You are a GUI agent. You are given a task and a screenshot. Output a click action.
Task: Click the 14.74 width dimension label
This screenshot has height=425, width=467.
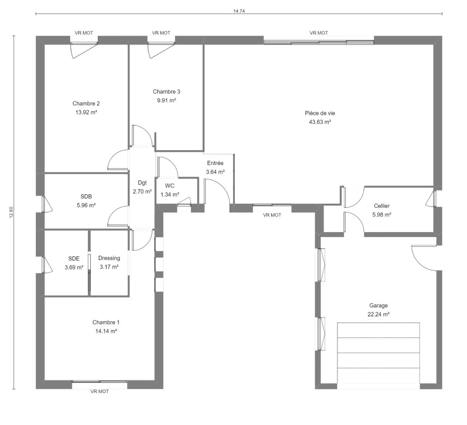coord(239,11)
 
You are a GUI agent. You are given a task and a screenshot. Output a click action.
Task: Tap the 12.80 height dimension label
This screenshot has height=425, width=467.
coord(11,212)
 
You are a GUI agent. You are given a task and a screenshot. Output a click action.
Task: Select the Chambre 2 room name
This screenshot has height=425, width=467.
coord(86,104)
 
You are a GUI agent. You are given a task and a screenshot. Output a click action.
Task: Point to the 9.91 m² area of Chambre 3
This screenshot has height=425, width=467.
coord(166,101)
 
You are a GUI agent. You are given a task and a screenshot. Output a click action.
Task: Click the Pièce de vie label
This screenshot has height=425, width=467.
coord(320,113)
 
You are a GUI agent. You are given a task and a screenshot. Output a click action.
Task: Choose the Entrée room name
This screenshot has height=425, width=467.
coord(215,163)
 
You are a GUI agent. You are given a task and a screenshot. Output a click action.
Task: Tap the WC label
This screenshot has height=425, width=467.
coord(170,186)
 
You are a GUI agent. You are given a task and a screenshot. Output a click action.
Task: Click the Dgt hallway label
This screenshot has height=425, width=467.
coord(142,183)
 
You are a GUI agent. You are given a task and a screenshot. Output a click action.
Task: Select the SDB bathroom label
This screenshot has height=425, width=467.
coord(86,197)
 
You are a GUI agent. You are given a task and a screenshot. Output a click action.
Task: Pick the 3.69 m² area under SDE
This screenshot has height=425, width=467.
coord(74,267)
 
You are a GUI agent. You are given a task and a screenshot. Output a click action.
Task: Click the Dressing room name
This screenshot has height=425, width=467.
coord(109,258)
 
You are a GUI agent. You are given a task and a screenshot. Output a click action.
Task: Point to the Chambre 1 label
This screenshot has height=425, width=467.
coord(106,322)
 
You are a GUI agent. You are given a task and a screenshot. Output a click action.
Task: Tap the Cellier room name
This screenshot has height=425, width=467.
coord(382,206)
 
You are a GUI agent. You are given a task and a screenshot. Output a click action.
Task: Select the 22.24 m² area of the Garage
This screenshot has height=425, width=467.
coord(378,314)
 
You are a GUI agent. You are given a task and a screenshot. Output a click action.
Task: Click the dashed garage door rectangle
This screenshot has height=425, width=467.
coord(378,323)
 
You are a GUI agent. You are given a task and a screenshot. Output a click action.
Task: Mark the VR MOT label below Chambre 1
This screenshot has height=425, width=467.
coord(100,391)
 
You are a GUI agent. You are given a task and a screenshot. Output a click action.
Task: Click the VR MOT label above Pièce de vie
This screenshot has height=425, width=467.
coord(319,33)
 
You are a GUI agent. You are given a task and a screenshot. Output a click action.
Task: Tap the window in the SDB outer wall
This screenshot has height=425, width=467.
coord(43,204)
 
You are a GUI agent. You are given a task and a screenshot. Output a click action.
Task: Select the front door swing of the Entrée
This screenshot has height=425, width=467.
coord(217,191)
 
